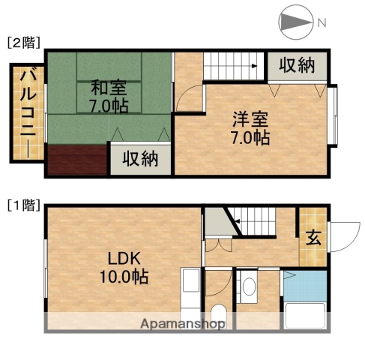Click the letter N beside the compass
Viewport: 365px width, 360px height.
click(321, 22)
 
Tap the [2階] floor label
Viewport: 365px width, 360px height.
click(23, 43)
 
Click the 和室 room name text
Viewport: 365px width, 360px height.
click(108, 85)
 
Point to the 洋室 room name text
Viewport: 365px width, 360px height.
click(250, 118)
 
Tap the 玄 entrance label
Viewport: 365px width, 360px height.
click(313, 239)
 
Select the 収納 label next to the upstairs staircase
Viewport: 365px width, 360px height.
click(297, 66)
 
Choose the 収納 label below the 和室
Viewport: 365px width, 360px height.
click(139, 159)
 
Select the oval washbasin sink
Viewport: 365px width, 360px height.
click(249, 286)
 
